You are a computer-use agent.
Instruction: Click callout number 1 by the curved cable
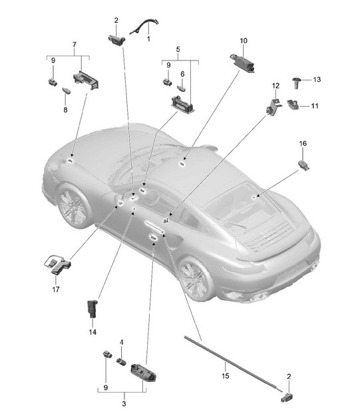(x=148, y=39)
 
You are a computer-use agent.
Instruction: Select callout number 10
(x=244, y=41)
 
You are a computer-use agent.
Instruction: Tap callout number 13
(x=317, y=80)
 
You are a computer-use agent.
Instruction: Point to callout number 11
(x=315, y=106)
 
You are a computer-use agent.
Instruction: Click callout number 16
(x=303, y=144)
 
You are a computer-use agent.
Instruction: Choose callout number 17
(x=56, y=289)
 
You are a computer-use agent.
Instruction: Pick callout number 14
(x=92, y=332)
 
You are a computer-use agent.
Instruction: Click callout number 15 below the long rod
(x=225, y=375)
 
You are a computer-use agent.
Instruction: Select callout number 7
(x=75, y=45)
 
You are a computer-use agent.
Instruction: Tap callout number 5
(x=178, y=49)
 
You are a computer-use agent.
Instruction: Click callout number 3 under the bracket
(x=124, y=403)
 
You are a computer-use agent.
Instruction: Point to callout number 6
(x=182, y=74)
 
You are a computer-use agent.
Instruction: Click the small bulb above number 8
(x=67, y=91)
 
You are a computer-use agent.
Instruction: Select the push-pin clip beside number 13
(x=297, y=82)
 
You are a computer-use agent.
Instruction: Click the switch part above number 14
(x=92, y=308)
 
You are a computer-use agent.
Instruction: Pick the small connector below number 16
(x=303, y=165)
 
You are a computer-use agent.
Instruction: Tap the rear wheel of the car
(x=195, y=279)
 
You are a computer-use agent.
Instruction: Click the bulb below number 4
(x=121, y=361)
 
